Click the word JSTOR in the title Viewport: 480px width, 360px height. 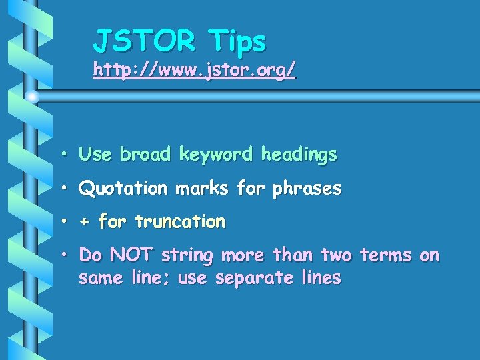144,41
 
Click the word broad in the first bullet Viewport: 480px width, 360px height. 146,155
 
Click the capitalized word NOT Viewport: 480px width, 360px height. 132,255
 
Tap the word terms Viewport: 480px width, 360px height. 386,255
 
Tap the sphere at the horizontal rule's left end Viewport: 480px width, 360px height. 32,97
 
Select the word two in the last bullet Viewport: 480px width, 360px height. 335,255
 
